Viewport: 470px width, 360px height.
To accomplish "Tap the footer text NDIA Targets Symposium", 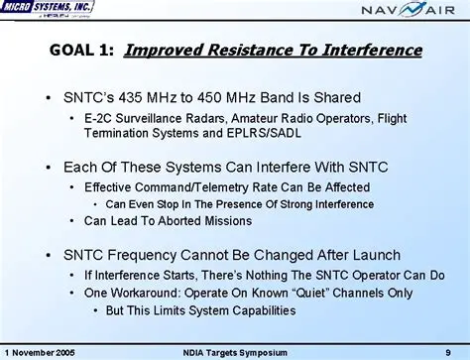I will [233, 351].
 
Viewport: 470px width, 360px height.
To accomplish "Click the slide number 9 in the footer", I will [448, 351].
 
